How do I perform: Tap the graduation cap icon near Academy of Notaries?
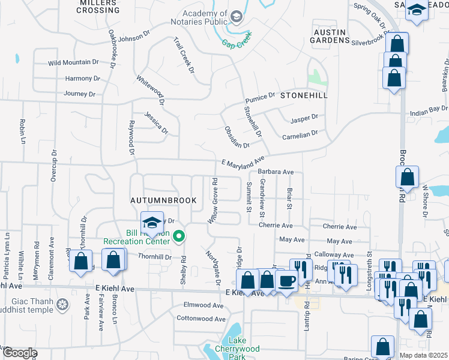236,16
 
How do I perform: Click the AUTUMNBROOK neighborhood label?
164,199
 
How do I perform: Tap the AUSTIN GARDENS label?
330,35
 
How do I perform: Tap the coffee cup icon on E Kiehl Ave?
286,281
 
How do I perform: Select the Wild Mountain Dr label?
73,62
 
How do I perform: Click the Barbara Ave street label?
276,172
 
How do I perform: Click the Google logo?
19,353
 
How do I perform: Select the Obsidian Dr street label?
237,137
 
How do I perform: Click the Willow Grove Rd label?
212,201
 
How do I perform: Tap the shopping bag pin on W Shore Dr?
407,178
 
